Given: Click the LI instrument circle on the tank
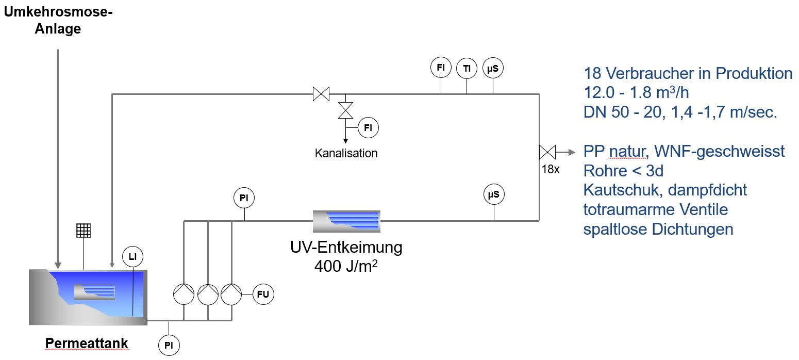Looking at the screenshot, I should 132,256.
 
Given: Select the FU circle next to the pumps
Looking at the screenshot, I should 265,294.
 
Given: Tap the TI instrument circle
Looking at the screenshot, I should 467,68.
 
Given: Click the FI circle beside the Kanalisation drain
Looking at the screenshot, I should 368,128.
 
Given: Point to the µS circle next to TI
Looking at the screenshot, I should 493,68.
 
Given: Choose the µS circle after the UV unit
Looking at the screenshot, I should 494,195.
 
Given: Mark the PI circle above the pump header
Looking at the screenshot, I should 244,198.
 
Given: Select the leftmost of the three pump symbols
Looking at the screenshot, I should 183,294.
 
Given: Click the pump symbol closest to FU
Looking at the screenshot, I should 231,294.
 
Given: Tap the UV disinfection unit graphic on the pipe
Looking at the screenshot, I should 346,221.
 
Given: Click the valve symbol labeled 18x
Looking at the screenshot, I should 546,152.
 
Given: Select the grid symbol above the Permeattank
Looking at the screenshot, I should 84,230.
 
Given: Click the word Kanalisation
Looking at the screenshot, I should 346,153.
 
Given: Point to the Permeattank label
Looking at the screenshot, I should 87,343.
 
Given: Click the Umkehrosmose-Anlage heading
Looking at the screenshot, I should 58,21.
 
